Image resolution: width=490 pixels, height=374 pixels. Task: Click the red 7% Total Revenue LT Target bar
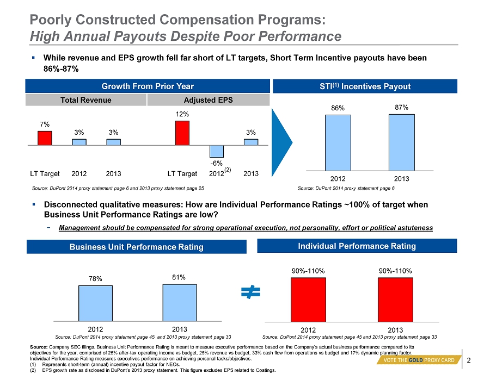pos(45,138)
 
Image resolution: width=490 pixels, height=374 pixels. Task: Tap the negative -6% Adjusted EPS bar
pos(217,151)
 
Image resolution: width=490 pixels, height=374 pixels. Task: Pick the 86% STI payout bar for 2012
pos(338,143)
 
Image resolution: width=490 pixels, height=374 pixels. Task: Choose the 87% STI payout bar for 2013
pos(401,142)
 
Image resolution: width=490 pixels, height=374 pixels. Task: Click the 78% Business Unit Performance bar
pos(95,303)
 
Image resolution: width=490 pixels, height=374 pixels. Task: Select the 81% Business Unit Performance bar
pos(180,302)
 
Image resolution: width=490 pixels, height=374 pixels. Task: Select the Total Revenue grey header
pos(87,100)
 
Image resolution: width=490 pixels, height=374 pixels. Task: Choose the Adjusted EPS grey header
pos(209,100)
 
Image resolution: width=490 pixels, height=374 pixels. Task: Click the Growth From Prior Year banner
pos(148,86)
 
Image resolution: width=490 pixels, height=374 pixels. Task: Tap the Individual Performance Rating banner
pos(357,246)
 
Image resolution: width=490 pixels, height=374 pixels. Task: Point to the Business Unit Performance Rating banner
pos(136,247)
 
